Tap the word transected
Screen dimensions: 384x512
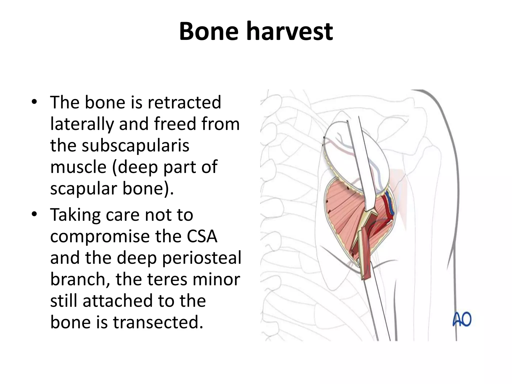[x=158, y=322]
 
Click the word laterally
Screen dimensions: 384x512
[x=82, y=124]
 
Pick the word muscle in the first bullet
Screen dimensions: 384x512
[x=78, y=167]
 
